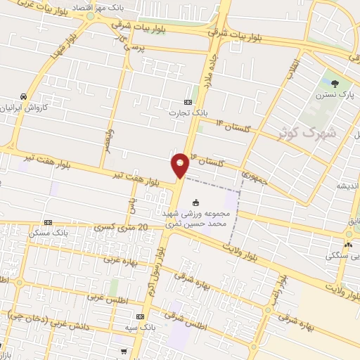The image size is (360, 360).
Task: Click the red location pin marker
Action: tap(180, 165)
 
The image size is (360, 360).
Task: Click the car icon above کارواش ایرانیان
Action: tap(24, 96)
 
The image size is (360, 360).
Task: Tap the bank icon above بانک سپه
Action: tap(140, 317)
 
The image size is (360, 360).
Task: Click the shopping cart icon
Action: tap(124, 351)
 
